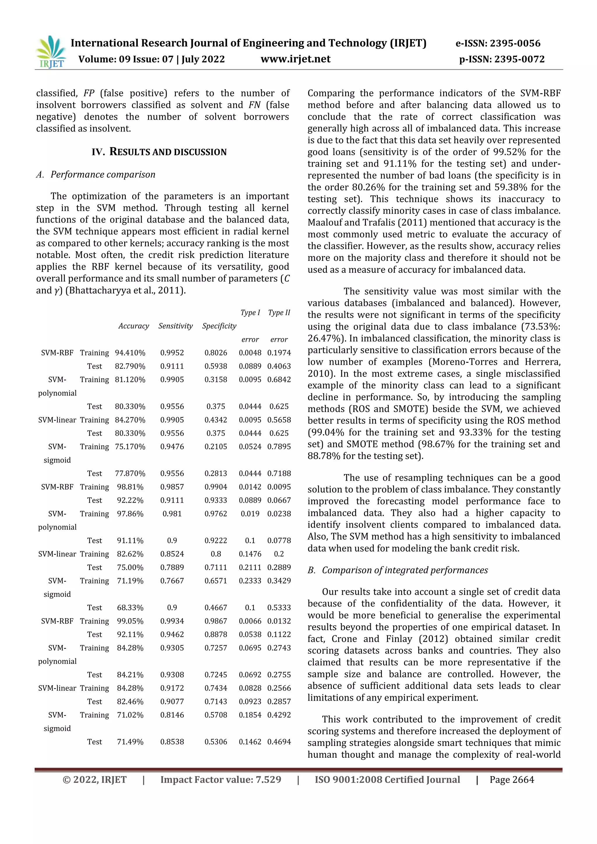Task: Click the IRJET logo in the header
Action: [51, 52]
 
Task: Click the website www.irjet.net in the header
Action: [295, 59]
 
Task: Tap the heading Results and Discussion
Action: [159, 152]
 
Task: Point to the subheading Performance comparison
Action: [103, 175]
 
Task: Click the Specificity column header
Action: [219, 326]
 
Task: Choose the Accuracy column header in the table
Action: [134, 326]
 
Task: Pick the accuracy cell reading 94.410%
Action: [130, 353]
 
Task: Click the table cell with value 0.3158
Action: [216, 380]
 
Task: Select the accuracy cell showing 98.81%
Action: [130, 487]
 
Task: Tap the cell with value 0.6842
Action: [279, 380]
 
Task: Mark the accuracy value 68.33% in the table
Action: [130, 608]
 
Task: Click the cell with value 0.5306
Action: [216, 742]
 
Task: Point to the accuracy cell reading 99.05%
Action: [130, 621]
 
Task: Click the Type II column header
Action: [279, 313]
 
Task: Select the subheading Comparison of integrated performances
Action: [405, 570]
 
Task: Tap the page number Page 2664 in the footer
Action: [511, 780]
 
